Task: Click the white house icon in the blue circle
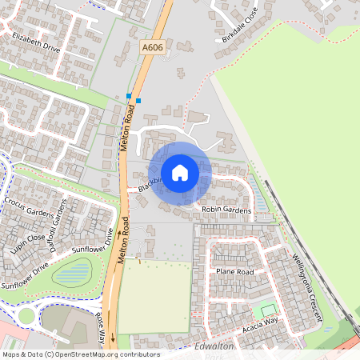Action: pos(180,172)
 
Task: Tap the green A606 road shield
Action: pos(152,49)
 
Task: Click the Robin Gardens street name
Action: pos(226,210)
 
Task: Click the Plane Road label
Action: pos(234,272)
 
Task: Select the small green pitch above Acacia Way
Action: pos(268,310)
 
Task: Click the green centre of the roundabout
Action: pos(26,315)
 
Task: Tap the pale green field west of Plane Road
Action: pos(154,295)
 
